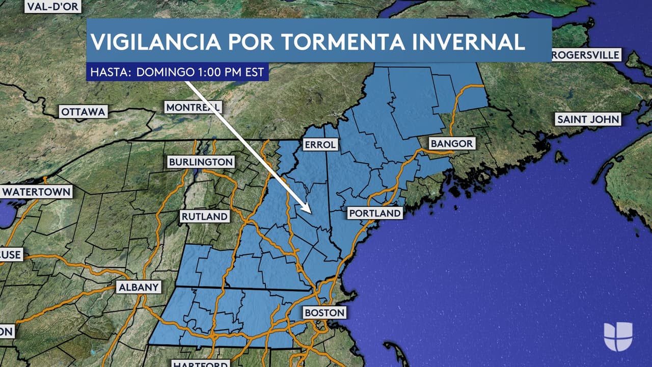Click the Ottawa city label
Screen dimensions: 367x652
click(x=83, y=112)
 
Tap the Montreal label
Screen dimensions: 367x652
click(x=193, y=107)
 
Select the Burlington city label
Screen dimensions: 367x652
click(x=201, y=162)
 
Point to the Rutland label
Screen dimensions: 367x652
click(x=204, y=216)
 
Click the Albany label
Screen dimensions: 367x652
click(x=139, y=287)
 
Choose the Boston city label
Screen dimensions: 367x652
click(x=324, y=312)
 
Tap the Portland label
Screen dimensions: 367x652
click(x=375, y=213)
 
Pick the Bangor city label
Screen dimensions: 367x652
click(x=452, y=144)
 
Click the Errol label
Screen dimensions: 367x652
click(x=320, y=145)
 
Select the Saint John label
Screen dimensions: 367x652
click(x=588, y=120)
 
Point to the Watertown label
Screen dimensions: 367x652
click(x=36, y=192)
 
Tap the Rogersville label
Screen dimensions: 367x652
click(x=586, y=55)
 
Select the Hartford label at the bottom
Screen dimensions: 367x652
click(x=200, y=363)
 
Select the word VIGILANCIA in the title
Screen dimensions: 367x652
click(x=155, y=42)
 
